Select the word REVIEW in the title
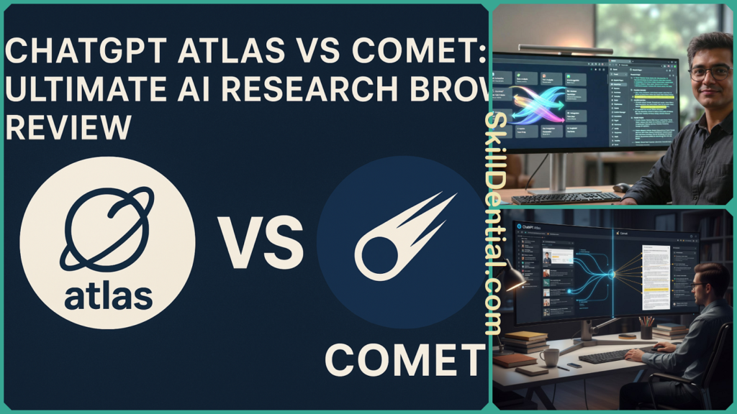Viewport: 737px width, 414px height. pyautogui.click(x=68, y=127)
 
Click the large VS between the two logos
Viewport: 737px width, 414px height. pyautogui.click(x=261, y=244)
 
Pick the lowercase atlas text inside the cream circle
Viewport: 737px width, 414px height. pyautogui.click(x=108, y=295)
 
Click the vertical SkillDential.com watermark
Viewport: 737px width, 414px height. pyautogui.click(x=493, y=223)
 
